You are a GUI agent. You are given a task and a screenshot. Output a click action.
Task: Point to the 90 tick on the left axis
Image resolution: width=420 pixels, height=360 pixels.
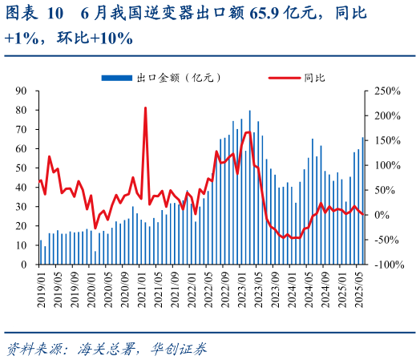tap(22, 91)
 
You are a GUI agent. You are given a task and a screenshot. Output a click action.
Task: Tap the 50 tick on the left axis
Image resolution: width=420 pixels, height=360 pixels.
tap(22, 168)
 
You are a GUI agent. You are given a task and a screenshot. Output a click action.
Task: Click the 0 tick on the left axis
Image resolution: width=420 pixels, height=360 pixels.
tap(24, 265)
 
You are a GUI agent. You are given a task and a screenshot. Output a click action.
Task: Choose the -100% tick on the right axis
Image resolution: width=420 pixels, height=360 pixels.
tap(383, 265)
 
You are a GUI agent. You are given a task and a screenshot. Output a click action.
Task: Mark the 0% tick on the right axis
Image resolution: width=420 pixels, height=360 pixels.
tap(377, 215)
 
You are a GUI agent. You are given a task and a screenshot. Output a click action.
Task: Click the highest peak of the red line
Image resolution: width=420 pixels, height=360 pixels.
tap(145, 107)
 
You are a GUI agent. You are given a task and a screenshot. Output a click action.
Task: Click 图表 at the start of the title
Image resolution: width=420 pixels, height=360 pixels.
tap(20, 13)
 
